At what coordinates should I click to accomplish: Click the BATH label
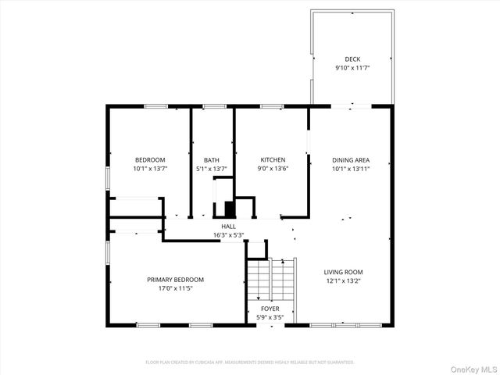[211, 160]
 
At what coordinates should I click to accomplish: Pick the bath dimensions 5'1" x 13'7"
[211, 169]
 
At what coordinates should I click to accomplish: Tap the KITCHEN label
[273, 160]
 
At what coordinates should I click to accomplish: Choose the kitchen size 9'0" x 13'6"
[273, 169]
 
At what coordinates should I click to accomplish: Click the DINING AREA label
[351, 160]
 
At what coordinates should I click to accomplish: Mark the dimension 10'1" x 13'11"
[351, 169]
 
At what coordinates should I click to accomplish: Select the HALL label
[228, 227]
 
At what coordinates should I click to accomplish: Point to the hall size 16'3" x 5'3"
[228, 235]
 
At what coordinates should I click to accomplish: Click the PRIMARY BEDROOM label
[175, 280]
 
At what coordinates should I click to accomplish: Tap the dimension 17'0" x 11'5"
[175, 288]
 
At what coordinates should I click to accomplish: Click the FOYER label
[270, 309]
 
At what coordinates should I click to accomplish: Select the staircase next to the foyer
[271, 281]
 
